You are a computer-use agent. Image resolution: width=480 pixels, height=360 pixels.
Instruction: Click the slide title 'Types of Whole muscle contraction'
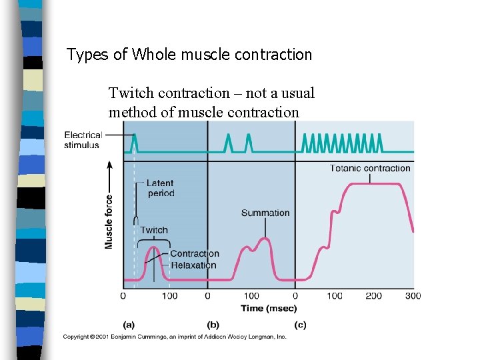[x=189, y=55]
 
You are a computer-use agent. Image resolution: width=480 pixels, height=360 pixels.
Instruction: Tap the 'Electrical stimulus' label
[x=83, y=140]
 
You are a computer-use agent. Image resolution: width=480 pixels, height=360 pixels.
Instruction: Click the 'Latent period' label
[x=160, y=188]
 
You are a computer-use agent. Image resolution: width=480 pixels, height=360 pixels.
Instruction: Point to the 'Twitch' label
[x=154, y=230]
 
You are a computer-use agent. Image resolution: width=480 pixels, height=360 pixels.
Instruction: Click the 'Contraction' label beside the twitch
[x=194, y=253]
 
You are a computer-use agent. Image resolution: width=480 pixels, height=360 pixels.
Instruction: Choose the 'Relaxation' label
[x=193, y=265]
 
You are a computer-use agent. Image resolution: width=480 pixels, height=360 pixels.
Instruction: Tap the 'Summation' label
[x=265, y=213]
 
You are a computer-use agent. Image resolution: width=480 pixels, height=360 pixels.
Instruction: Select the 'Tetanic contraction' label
[x=370, y=168]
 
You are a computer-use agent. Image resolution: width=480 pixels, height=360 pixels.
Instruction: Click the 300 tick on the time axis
[x=413, y=296]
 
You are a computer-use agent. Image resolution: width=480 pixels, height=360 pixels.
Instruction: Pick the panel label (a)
[x=129, y=325]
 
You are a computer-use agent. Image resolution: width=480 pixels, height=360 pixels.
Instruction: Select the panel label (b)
[x=213, y=325]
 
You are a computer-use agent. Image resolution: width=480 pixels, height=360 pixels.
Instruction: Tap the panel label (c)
[x=300, y=325]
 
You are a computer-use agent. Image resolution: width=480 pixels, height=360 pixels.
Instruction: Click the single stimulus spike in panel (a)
[x=134, y=141]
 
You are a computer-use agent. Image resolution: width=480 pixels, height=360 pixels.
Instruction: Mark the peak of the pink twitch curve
[x=153, y=248]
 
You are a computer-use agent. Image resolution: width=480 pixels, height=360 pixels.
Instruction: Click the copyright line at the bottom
[x=175, y=337]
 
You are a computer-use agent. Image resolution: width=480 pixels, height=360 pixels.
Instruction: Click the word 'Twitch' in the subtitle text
[x=131, y=93]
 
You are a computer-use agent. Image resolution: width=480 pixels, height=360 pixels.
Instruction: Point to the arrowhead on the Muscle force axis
[x=109, y=163]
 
